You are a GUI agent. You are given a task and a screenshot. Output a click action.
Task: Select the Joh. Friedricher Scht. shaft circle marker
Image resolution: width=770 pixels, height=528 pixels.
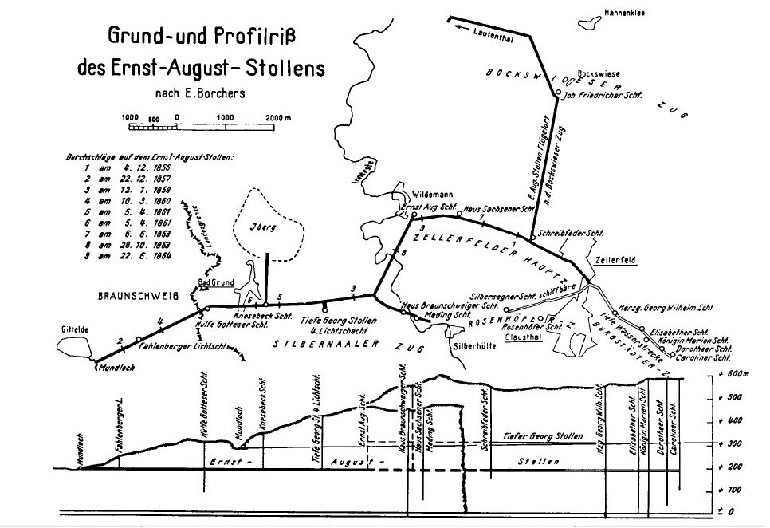pyautogui.click(x=557, y=93)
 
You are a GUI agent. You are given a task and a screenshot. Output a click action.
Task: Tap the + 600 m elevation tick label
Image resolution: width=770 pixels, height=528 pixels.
pyautogui.click(x=736, y=375)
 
